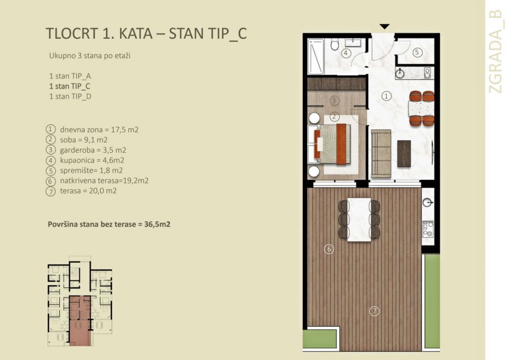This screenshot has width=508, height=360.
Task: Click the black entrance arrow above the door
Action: [x=385, y=26]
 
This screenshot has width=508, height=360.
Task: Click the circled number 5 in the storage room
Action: [x=416, y=52]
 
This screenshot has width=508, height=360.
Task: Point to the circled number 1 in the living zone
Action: [x=387, y=96]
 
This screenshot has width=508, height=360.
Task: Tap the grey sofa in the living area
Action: [x=380, y=154]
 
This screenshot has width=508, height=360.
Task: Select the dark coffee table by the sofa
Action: [x=404, y=154]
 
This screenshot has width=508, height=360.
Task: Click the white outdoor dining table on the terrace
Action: [x=359, y=219]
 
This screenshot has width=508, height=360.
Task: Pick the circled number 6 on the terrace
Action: [x=329, y=249]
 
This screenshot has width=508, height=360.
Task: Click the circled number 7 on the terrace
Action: [x=374, y=311]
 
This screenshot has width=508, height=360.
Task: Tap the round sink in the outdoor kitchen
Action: [x=428, y=202]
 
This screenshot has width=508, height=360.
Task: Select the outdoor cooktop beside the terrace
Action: [x=428, y=229]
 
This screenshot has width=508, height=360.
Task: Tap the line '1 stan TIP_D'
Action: [x=70, y=96]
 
